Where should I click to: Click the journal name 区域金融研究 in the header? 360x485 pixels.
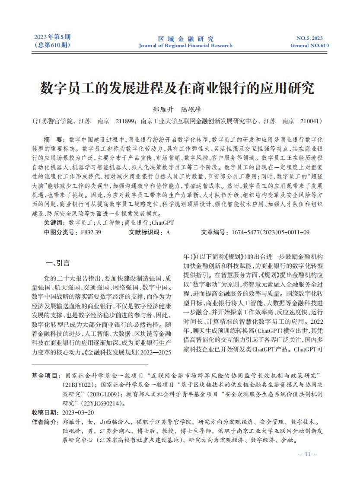[185, 38]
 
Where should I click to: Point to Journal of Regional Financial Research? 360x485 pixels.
[185, 45]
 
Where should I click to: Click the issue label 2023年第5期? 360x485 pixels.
[51, 37]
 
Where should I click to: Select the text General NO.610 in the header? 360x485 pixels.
[309, 45]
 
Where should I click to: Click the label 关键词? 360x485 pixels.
[54, 223]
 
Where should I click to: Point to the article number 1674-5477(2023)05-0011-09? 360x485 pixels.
[270, 232]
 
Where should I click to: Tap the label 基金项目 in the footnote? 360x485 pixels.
[46, 374]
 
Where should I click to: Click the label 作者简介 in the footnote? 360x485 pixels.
[46, 421]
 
